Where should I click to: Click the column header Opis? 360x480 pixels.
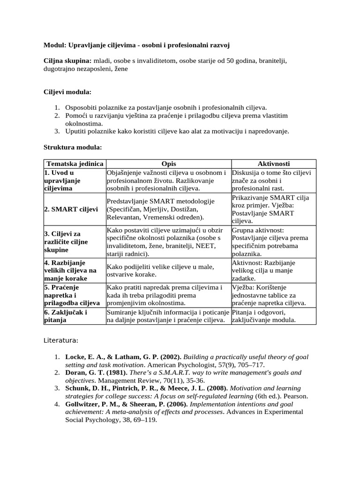pyautogui.click(x=169, y=164)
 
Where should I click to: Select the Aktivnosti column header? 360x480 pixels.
pyautogui.click(x=274, y=164)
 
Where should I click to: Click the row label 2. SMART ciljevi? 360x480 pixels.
pyautogui.click(x=71, y=209)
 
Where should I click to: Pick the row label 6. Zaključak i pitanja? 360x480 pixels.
pyautogui.click(x=66, y=316)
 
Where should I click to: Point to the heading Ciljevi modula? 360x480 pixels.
pyautogui.click(x=67, y=91)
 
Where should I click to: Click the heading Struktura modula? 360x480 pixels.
pyautogui.click(x=73, y=147)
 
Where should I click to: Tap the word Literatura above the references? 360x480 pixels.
pyautogui.click(x=61, y=339)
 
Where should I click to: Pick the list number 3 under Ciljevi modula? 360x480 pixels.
pyautogui.click(x=56, y=131)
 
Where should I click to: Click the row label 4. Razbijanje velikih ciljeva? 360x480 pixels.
pyautogui.click(x=70, y=270)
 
